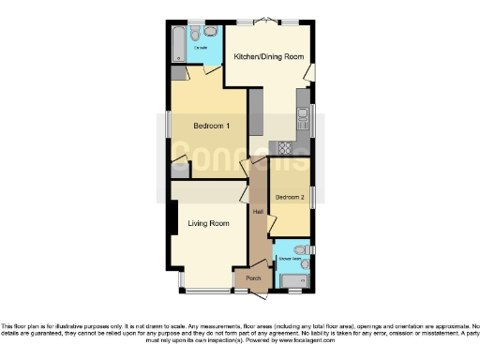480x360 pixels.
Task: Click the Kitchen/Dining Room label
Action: tap(268, 57)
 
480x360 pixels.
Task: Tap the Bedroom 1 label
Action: tap(211, 126)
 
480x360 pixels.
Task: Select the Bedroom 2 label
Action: tap(289, 198)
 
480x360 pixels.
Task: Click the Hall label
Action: tap(257, 211)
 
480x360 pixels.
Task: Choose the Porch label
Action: tap(253, 278)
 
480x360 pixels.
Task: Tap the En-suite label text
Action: tap(201, 46)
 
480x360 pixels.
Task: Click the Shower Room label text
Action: tap(289, 257)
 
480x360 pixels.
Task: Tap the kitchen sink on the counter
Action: tap(302, 117)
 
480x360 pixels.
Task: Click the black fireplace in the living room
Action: tap(173, 221)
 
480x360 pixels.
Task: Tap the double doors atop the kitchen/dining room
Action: tap(267, 22)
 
